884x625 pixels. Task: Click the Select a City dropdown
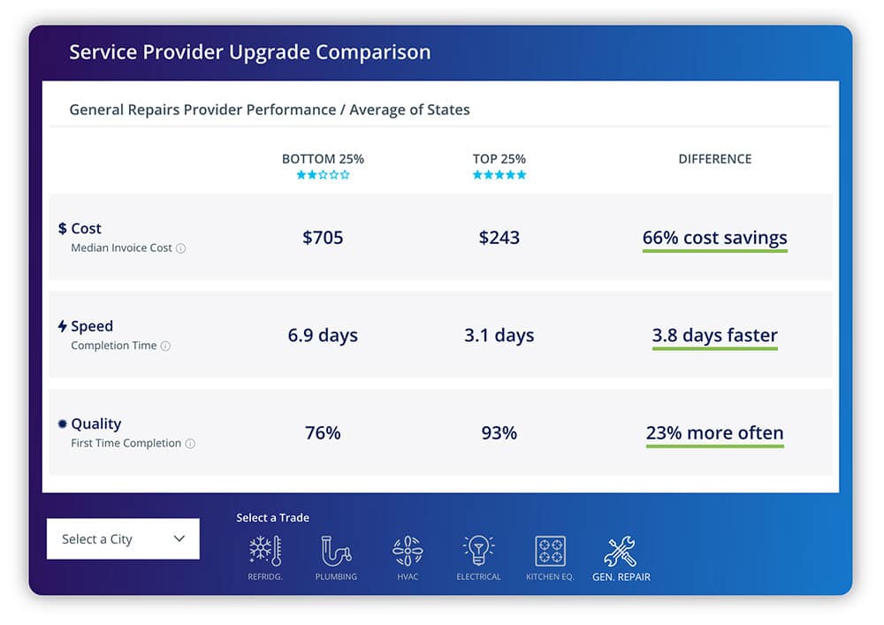pos(123,538)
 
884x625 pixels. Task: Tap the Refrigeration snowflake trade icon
pos(264,551)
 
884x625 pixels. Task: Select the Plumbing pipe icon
pos(336,551)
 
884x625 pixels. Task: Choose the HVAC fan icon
pos(408,551)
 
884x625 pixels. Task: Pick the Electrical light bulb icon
pos(478,551)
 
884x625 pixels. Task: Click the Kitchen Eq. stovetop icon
pos(550,551)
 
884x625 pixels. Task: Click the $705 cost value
pos(323,238)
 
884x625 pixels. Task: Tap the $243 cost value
pos(499,238)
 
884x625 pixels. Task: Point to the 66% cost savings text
pos(714,238)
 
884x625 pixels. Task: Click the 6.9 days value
pos(323,335)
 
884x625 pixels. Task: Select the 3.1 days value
pos(499,335)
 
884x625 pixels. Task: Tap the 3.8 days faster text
pos(714,335)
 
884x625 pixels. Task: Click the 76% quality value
pos(323,433)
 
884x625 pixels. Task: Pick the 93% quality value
pos(499,433)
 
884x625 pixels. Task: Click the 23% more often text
pos(714,433)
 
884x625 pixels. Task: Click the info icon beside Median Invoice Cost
pos(181,248)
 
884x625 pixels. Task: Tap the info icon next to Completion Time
pos(165,347)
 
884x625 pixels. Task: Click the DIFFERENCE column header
pos(714,159)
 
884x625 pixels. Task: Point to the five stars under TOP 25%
pos(499,175)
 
